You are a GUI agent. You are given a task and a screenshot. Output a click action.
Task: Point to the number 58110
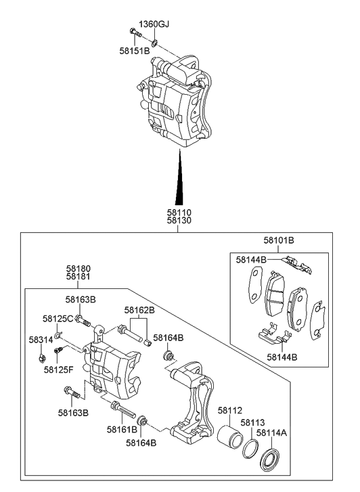click(179, 213)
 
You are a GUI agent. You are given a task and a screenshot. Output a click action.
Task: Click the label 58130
click(179, 221)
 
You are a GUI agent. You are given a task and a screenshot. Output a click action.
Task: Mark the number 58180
click(80, 268)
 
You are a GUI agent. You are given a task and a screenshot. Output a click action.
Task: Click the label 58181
click(80, 277)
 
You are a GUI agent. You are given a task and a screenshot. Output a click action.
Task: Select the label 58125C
click(58, 318)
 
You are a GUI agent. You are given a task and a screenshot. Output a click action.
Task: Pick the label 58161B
click(122, 429)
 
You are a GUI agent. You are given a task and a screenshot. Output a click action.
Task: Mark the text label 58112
click(229, 410)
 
